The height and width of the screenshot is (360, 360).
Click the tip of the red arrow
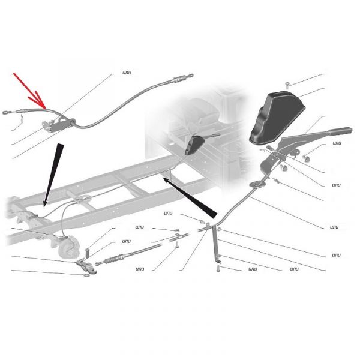[45, 108]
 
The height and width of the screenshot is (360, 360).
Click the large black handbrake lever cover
[277, 118]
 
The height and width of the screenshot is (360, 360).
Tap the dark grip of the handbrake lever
[340, 131]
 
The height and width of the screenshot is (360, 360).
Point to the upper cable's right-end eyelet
[190, 76]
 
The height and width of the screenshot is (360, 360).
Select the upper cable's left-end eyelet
[6, 113]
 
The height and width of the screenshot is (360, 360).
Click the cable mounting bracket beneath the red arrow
[59, 125]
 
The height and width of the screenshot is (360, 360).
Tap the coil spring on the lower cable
[112, 260]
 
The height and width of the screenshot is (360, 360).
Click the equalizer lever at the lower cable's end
[87, 266]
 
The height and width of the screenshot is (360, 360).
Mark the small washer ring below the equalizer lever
[87, 275]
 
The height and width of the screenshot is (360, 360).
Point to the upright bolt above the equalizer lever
[88, 253]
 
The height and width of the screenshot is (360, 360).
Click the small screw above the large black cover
[287, 85]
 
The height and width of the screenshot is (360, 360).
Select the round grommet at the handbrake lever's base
[257, 184]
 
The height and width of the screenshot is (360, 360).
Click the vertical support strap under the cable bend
[215, 244]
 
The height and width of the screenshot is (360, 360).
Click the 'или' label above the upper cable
[127, 73]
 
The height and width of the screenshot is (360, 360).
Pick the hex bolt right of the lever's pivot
[306, 158]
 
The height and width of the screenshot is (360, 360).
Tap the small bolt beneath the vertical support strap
[218, 269]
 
